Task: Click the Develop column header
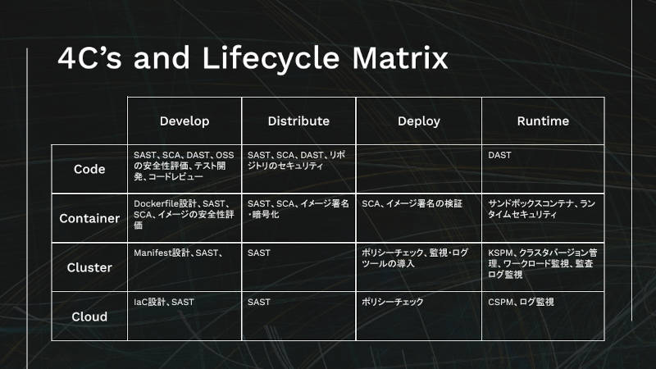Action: point(184,121)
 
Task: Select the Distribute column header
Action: point(298,121)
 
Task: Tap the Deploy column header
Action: point(419,121)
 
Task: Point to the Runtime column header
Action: point(543,121)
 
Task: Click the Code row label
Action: point(89,169)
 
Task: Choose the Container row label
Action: point(89,218)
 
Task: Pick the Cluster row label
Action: point(89,268)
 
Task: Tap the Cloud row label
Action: point(89,317)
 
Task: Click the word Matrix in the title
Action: point(400,57)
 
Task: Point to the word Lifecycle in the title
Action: point(271,57)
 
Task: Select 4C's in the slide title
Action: point(89,57)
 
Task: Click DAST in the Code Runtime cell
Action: point(499,155)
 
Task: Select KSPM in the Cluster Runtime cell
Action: point(500,253)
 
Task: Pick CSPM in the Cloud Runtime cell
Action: point(500,302)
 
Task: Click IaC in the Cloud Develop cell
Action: point(140,302)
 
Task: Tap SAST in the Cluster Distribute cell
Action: point(259,253)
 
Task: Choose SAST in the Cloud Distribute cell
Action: point(259,302)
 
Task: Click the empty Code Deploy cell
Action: point(419,169)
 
